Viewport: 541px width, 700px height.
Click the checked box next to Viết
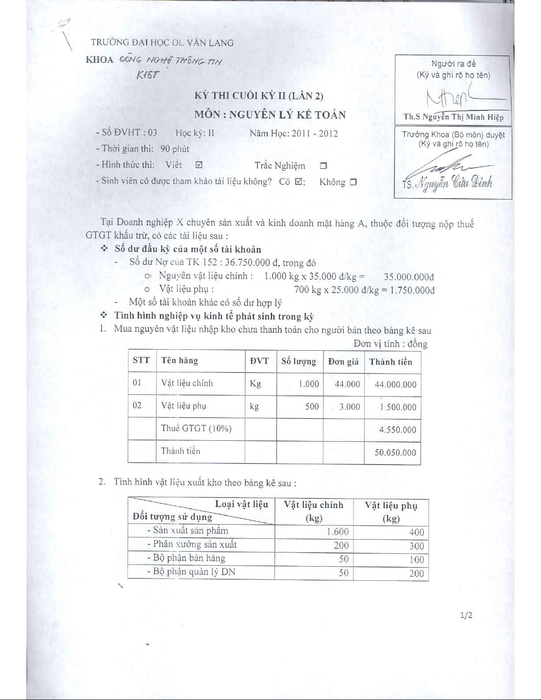pos(199,165)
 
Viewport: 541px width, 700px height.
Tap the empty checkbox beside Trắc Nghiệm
pos(323,166)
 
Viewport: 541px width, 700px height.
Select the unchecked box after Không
pos(353,182)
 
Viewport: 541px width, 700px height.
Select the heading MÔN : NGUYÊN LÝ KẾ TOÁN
pos(270,115)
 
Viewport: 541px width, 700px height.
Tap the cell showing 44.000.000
pos(395,384)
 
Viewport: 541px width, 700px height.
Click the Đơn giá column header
pos(343,362)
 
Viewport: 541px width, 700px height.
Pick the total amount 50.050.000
pos(395,452)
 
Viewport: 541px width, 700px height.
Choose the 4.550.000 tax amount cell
pos(397,430)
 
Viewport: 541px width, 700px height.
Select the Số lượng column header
pos(299,361)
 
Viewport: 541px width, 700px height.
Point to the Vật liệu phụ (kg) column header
pos(391,511)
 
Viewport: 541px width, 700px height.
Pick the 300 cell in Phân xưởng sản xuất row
pos(416,546)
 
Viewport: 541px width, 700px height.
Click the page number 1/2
pos(466,615)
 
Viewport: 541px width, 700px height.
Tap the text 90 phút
pos(175,149)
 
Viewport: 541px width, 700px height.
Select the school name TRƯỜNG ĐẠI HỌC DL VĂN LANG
pos(162,43)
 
